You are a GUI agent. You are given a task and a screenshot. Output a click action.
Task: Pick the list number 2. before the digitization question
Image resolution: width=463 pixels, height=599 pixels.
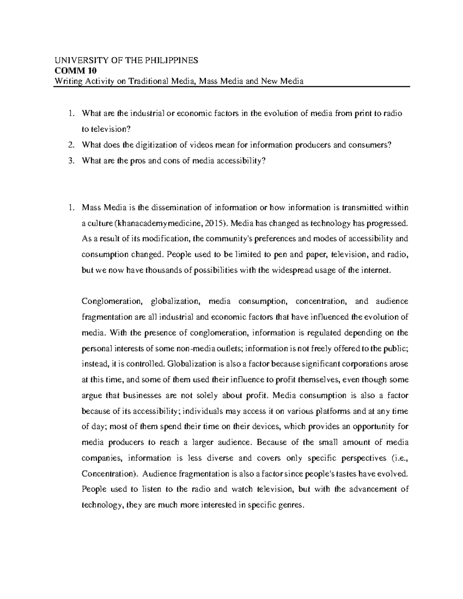(70, 145)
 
